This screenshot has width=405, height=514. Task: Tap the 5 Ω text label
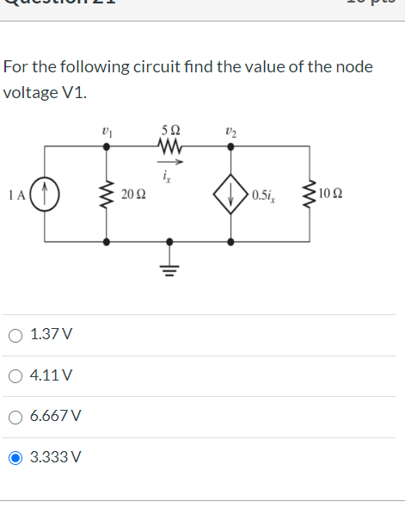click(x=169, y=131)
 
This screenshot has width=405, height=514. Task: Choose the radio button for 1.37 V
click(x=15, y=334)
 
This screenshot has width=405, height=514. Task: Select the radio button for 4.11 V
click(x=15, y=375)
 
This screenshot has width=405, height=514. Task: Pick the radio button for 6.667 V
click(x=15, y=417)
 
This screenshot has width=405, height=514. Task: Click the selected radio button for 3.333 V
click(x=15, y=458)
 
